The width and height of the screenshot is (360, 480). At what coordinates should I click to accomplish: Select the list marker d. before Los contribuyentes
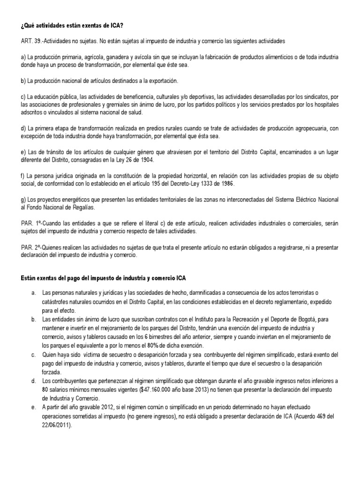pos(34,381)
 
